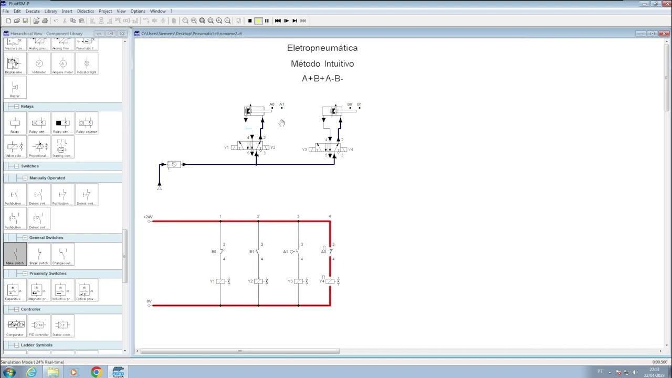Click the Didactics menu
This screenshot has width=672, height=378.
coord(86,11)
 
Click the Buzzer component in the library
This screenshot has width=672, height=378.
coord(15,87)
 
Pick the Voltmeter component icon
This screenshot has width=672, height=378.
coord(39,64)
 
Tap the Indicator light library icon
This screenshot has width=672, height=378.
coord(87,64)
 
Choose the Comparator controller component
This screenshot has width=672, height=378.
coord(15,325)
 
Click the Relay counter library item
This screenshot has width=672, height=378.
coord(87,123)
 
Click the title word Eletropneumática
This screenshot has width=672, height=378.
coord(322,48)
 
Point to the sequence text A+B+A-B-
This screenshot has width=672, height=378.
coord(322,79)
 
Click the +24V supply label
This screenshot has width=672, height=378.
coord(148,217)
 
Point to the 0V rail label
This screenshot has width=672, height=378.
coord(149,301)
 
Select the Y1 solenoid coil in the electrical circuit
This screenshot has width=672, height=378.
coord(220,281)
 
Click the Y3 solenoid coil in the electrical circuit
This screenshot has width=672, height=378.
coord(298,281)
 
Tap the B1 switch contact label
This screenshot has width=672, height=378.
coord(251,252)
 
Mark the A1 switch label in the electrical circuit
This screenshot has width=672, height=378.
coord(286,252)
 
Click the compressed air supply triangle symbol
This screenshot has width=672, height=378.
coord(160,187)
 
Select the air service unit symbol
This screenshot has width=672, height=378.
coord(174,164)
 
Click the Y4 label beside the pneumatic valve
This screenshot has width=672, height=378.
coord(351,150)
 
